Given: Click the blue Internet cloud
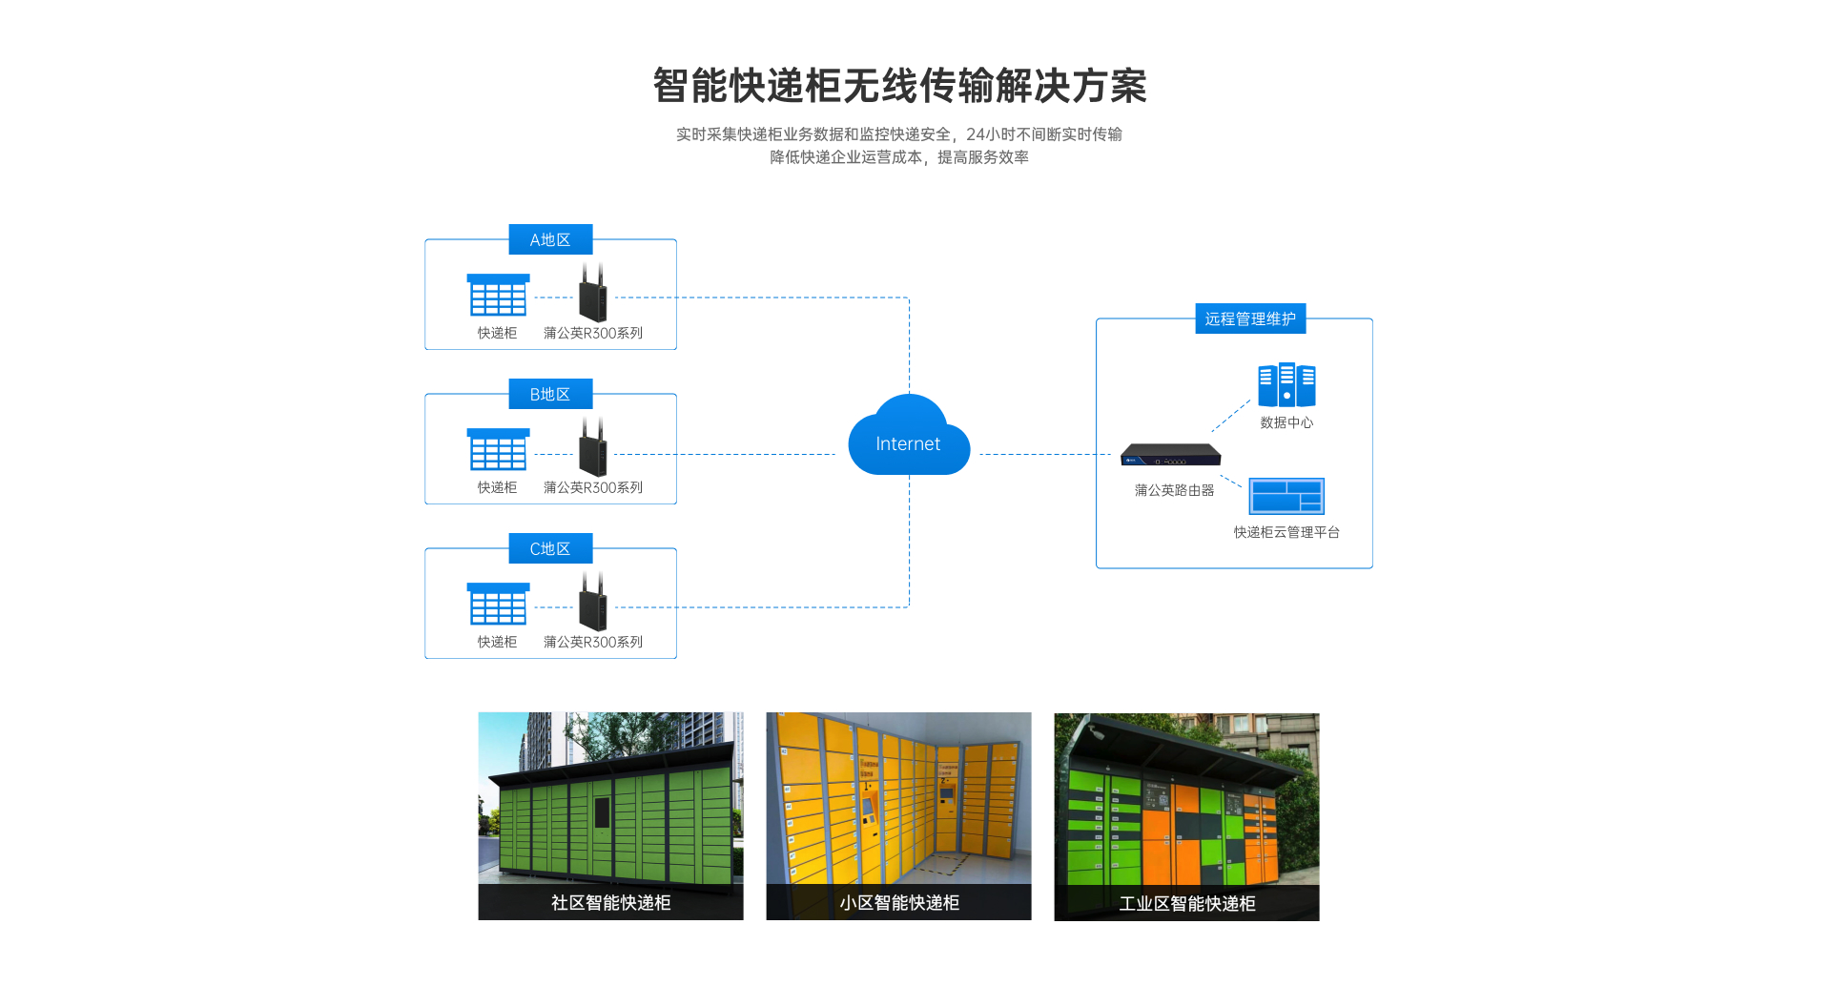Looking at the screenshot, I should pos(908,441).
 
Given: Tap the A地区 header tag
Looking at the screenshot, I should pos(550,239).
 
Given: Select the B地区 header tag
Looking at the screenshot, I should pos(550,394).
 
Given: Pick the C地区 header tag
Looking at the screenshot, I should pos(550,548).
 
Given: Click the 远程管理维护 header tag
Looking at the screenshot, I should pos(1250,318).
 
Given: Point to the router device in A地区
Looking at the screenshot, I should pos(592,295).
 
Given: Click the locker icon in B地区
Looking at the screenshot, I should pos(498,449).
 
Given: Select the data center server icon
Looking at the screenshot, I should pos(1286,385).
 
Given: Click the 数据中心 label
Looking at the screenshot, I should pos(1286,422).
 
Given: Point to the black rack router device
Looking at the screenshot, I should pos(1170,455).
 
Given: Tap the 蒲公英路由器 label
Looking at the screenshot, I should pos(1174,490).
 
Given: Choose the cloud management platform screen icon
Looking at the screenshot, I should pos(1286,496).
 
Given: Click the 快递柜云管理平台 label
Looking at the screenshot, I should pos(1286,532).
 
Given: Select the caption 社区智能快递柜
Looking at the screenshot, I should pos(610,902).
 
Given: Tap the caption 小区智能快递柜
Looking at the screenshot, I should pos(898,902).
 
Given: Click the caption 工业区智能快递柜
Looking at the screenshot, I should pos(1186,903).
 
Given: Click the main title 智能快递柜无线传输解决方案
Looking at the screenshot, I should pos(899,86).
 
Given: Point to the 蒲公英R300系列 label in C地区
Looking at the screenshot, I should pos(593,642).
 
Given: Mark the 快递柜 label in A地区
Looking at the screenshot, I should pos(497,333).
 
